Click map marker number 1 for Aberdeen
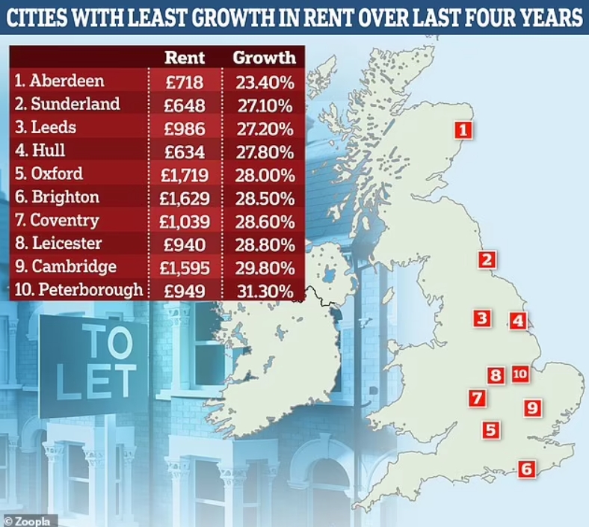click(463, 131)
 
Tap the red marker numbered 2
click(487, 260)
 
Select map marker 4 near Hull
click(517, 321)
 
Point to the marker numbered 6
click(527, 469)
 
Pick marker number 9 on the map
click(532, 407)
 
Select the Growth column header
click(265, 58)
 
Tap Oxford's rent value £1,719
click(185, 174)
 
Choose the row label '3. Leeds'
click(45, 127)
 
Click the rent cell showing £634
click(185, 151)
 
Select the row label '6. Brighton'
click(56, 197)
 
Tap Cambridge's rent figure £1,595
click(185, 268)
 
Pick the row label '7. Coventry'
click(56, 221)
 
